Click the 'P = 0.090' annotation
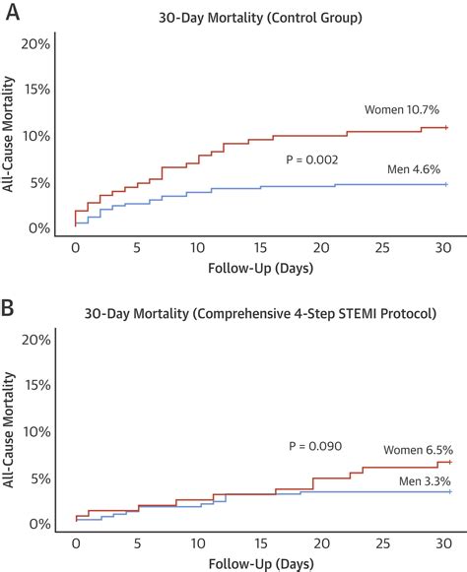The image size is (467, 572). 315,445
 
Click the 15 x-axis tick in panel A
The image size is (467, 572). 260,246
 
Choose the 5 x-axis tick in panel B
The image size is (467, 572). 137,542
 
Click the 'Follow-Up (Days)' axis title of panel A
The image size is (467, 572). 260,268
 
